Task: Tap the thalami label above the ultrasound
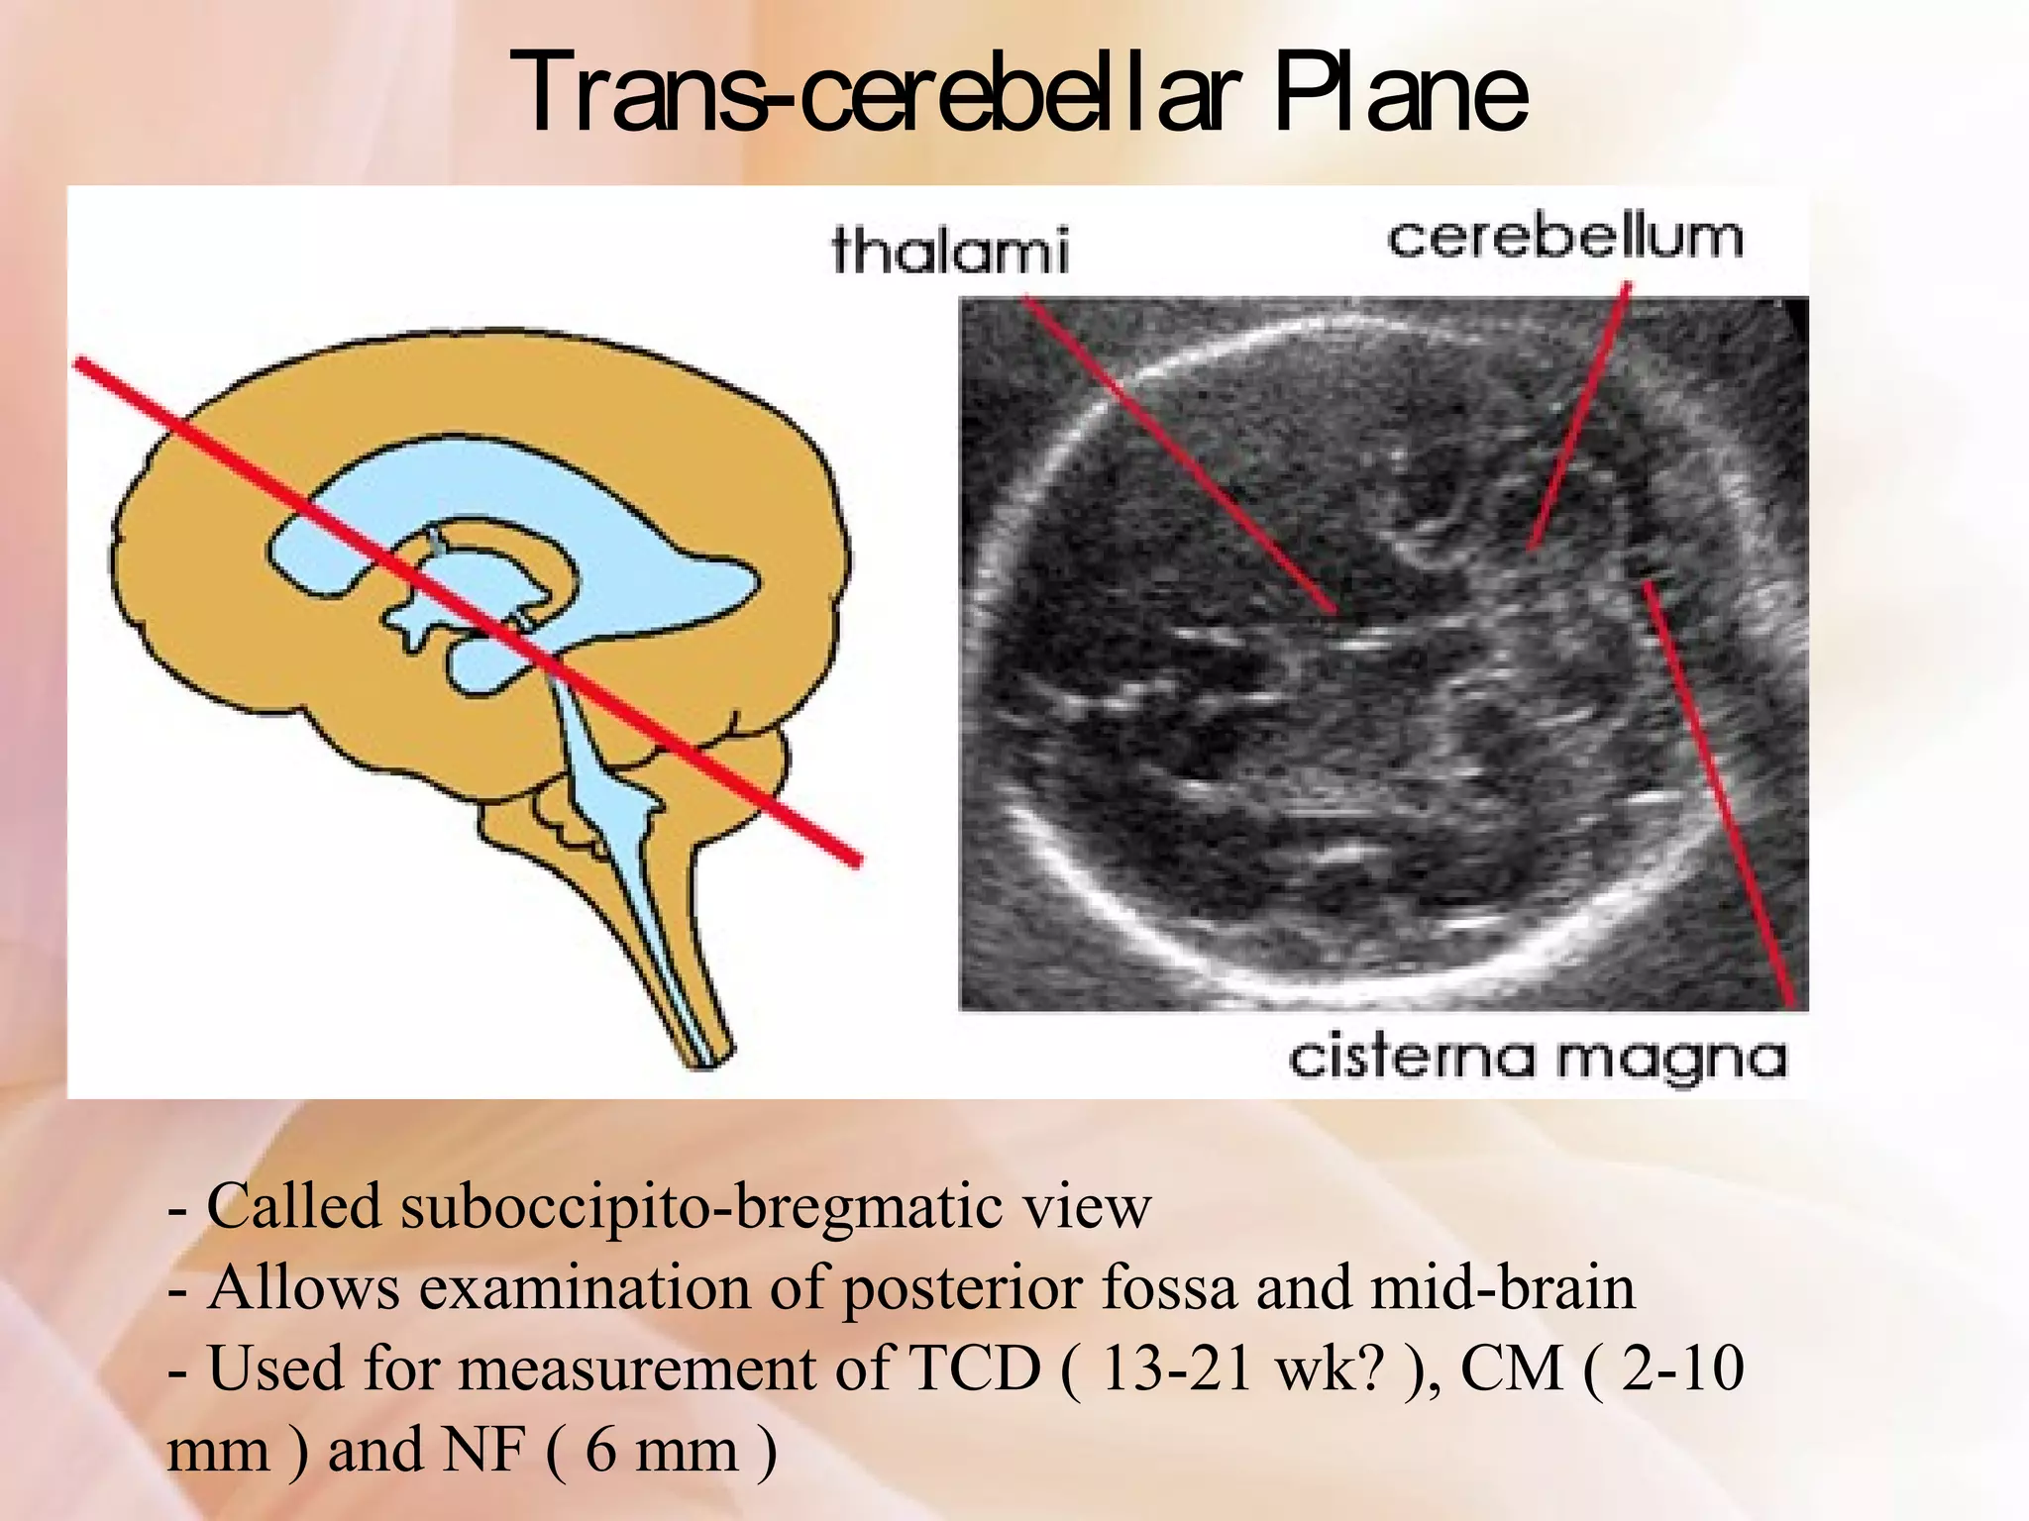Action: [x=950, y=250]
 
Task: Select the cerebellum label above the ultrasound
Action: [x=1564, y=239]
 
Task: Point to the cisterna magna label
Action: [x=1538, y=1059]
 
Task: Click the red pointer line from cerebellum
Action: [x=1579, y=416]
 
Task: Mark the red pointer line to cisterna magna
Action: [x=1719, y=792]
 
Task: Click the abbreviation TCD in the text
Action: [x=975, y=1369]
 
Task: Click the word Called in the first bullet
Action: [x=293, y=1207]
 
